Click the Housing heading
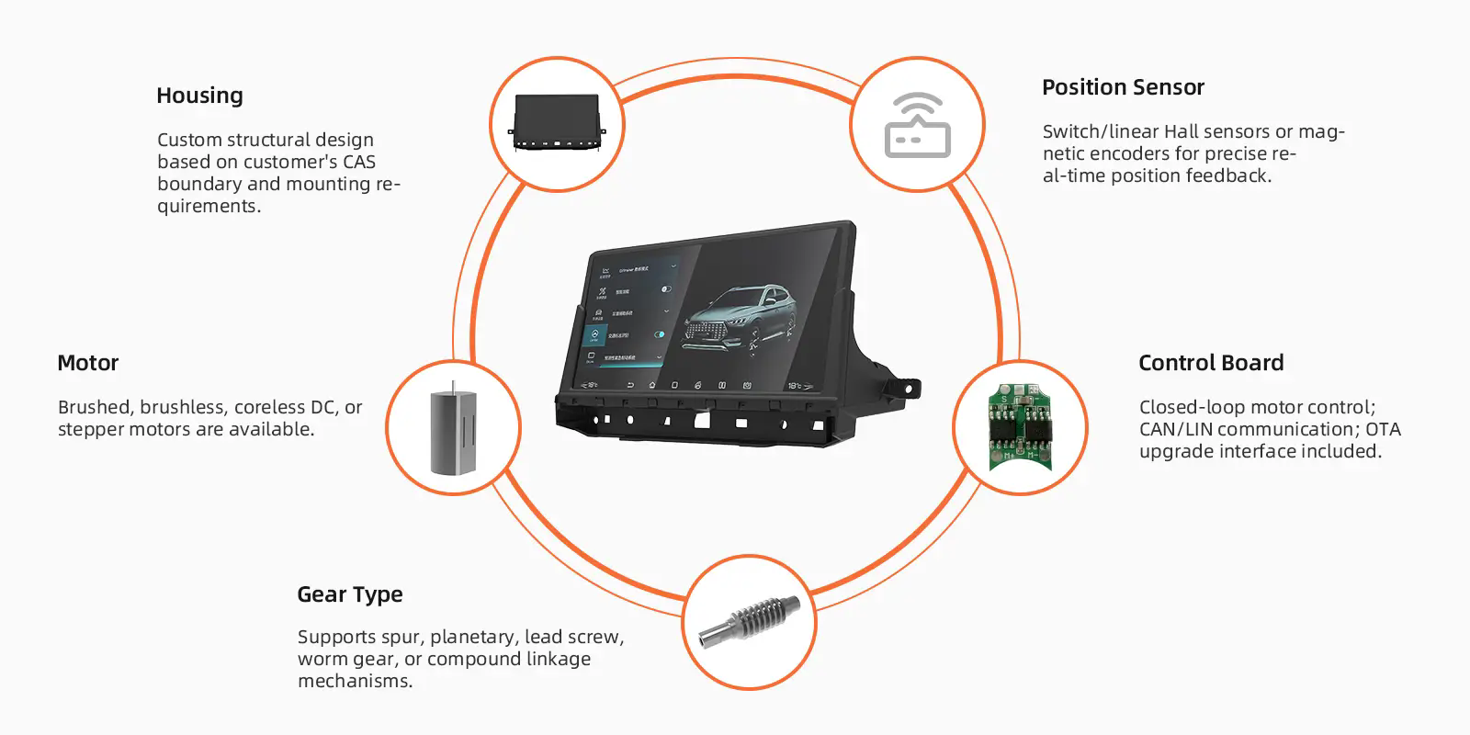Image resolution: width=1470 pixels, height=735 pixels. tap(199, 96)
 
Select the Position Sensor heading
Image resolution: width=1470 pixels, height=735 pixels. tap(1123, 87)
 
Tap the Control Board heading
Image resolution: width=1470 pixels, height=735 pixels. tap(1211, 363)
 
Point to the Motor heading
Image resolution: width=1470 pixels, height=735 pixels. tap(88, 363)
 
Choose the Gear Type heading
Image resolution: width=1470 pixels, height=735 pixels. tap(350, 594)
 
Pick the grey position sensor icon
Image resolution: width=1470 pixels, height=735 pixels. tap(917, 126)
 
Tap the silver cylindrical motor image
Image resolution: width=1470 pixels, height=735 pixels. tap(453, 429)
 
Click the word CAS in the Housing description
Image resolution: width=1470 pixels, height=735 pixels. tap(359, 162)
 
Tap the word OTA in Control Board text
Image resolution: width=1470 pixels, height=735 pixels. tap(1384, 429)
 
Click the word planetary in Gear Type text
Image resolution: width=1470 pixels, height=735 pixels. tap(472, 637)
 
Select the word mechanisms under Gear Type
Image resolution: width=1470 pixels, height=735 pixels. tap(355, 681)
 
